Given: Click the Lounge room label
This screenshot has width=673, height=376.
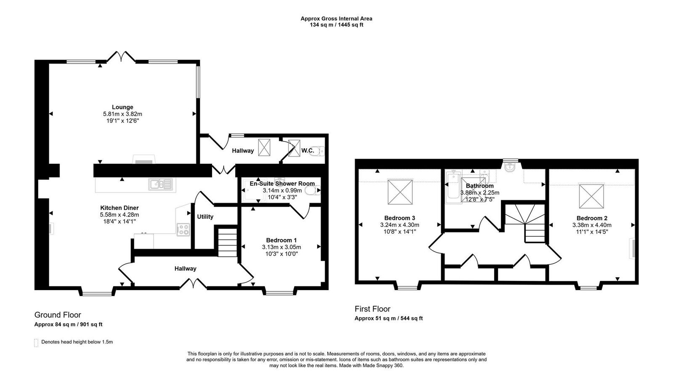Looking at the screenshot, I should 122,107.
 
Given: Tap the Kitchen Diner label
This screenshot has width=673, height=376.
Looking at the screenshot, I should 119,208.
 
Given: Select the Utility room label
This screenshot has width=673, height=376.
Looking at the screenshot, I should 205,216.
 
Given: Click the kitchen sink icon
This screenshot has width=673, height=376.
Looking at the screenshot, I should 160,184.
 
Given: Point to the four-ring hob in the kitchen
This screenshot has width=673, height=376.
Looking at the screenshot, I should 184,229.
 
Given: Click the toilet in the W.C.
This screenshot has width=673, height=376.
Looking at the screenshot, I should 318,151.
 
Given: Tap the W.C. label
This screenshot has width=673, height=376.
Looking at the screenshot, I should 307,150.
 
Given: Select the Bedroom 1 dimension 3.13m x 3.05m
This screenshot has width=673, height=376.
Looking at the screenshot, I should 281,247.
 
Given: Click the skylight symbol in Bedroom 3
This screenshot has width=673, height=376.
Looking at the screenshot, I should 400,192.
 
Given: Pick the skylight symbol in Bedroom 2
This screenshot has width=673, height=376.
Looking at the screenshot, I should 591,196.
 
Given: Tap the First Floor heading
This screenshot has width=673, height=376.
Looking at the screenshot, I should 372,309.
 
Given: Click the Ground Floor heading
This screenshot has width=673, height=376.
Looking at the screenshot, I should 58,315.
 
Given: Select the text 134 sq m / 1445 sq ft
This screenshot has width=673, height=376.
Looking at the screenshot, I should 336,25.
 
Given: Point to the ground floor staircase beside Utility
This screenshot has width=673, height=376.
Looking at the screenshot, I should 227,241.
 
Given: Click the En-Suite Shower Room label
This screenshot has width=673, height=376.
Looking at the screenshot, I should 282,184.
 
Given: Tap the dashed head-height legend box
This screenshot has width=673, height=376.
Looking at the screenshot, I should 36,342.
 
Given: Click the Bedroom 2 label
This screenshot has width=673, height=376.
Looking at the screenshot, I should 592,218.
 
